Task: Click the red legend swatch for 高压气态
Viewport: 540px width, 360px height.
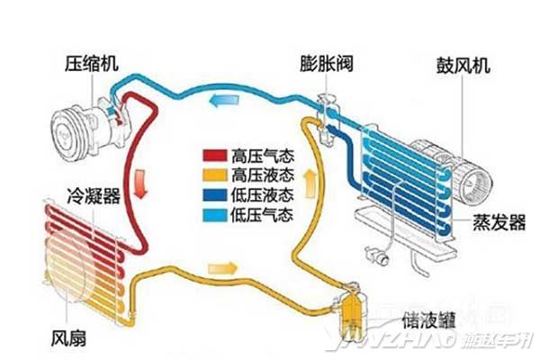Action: point(213,153)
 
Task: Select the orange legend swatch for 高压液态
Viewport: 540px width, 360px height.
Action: point(213,173)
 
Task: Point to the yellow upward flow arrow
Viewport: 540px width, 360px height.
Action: point(311,184)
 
